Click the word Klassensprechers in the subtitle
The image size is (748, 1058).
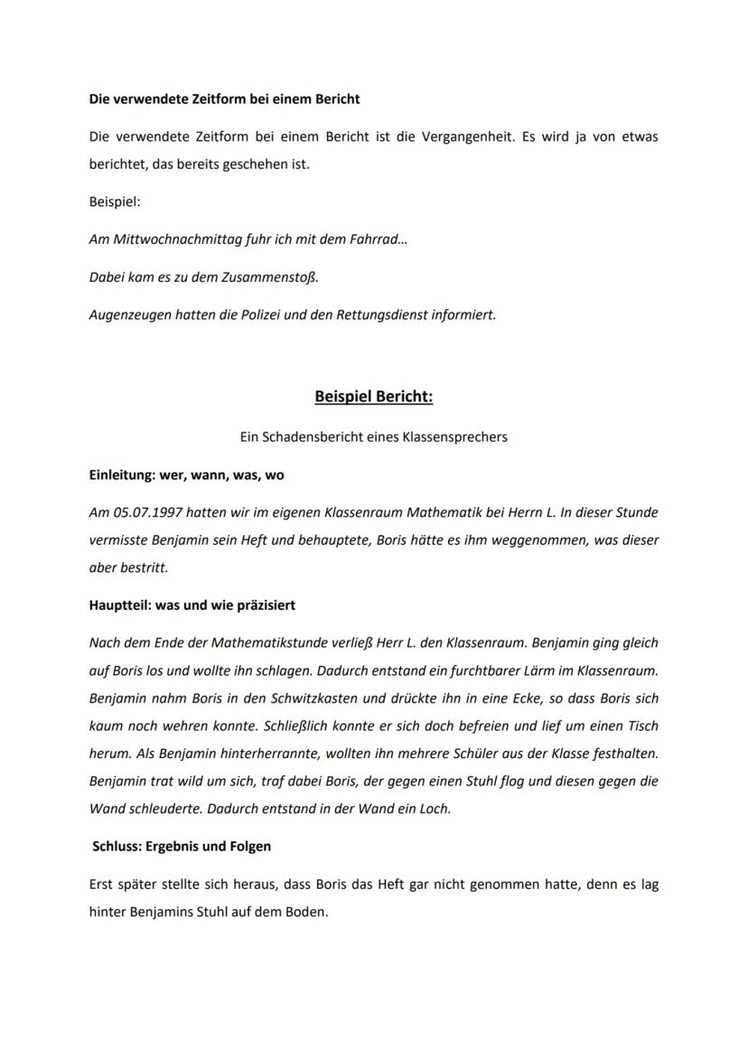[459, 436]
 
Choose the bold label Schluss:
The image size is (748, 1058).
[118, 847]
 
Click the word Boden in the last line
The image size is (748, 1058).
[307, 913]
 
